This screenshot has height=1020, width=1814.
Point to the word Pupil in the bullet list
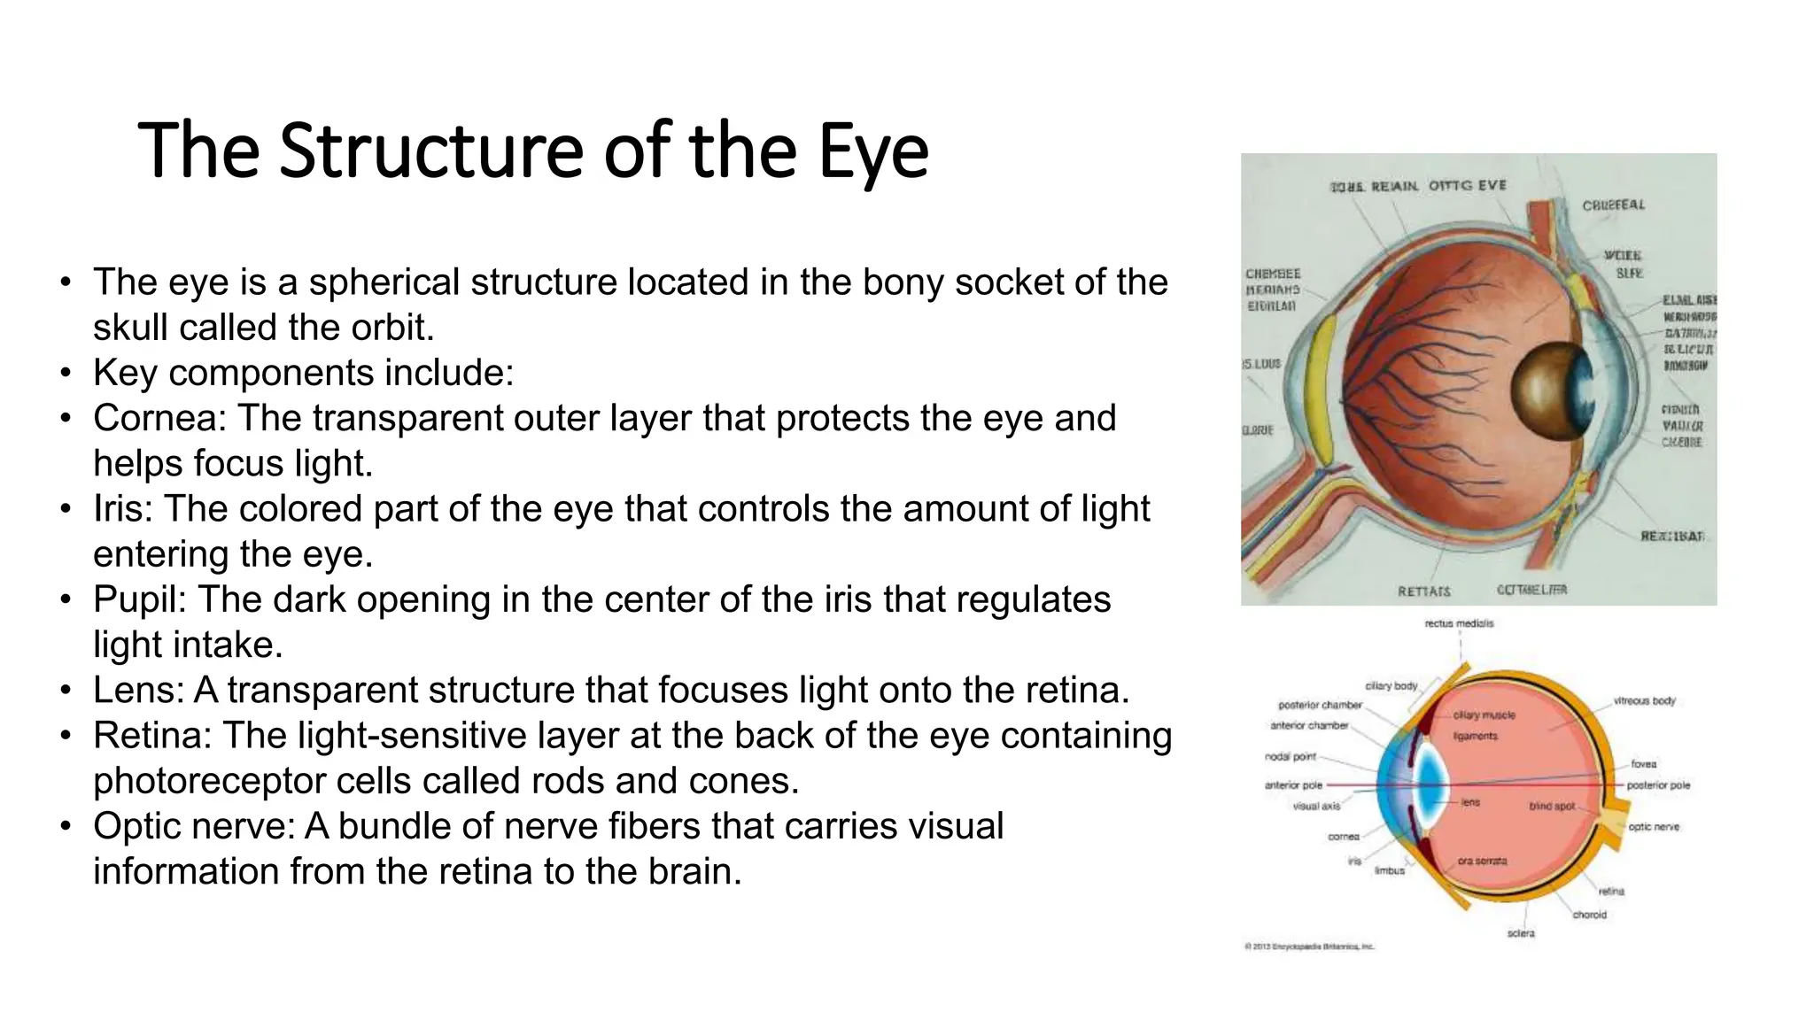click(139, 599)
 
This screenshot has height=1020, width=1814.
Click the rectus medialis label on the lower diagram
click(1459, 624)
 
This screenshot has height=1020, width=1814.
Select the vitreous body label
click(1644, 701)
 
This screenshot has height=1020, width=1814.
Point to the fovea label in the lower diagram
click(1643, 764)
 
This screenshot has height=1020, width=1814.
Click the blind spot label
click(1552, 807)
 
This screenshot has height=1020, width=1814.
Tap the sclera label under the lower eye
click(1521, 933)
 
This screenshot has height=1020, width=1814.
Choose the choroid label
click(1589, 915)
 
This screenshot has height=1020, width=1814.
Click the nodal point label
click(1291, 757)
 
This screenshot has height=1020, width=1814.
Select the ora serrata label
click(1482, 861)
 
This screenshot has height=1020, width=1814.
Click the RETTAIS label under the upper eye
click(1424, 591)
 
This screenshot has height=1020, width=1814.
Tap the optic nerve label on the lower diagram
click(1653, 827)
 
